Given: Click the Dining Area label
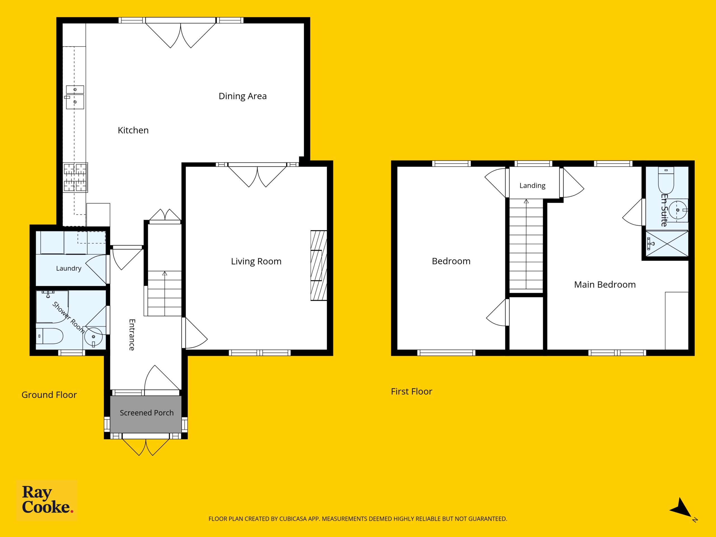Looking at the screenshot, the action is coord(242,96).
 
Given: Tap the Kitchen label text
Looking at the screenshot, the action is coord(133,130).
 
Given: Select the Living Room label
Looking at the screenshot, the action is coord(256,262).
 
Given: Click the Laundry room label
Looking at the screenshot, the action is coord(69,268).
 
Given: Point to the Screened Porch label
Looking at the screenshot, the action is coord(147,413).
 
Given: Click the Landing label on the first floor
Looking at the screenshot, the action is coord(533,185).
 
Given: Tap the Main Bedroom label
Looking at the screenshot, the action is coord(605,284).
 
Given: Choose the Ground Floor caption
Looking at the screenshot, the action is coord(49,395).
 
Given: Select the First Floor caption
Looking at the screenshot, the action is coord(411,391).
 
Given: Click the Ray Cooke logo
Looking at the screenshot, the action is coord(47,500).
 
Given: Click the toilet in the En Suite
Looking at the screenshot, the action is coord(666,180).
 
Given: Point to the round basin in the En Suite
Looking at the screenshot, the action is coord(678,210).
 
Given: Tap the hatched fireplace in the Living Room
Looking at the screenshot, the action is coord(319,265).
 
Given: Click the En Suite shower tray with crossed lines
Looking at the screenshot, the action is coord(667,244).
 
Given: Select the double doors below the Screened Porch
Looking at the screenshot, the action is coord(146,447).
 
